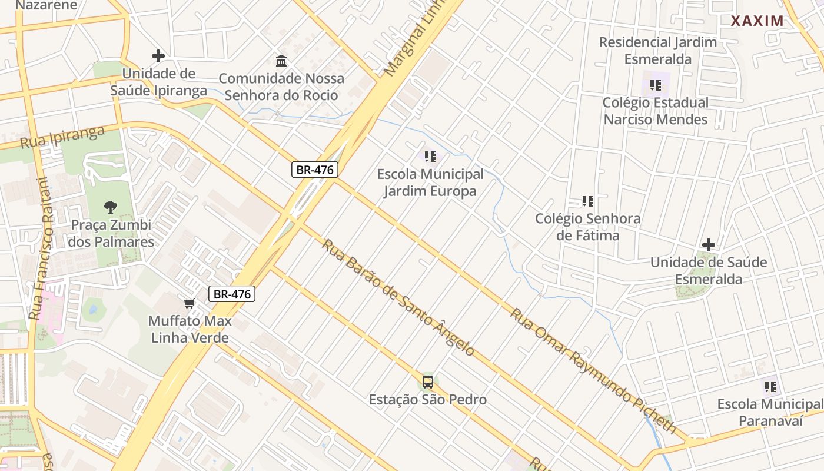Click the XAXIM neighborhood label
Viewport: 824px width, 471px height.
click(757, 21)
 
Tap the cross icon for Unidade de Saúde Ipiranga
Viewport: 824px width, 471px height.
click(158, 56)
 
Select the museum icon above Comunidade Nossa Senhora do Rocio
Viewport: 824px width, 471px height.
click(281, 61)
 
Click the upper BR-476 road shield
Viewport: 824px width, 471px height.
click(315, 170)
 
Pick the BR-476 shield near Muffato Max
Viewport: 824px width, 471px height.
click(232, 294)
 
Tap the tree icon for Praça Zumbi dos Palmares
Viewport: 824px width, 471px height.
click(110, 207)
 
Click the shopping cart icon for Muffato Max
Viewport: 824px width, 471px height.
click(189, 303)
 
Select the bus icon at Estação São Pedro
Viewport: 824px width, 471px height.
click(428, 382)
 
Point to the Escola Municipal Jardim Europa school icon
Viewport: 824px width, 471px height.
click(430, 157)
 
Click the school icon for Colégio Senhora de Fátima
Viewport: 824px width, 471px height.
click(587, 201)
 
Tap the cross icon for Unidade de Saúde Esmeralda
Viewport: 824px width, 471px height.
click(709, 244)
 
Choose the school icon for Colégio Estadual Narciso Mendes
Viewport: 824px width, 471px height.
click(655, 85)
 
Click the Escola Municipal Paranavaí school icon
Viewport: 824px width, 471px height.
click(770, 387)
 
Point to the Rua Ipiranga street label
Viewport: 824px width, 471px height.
click(62, 137)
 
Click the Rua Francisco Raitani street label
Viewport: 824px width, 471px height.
click(39, 248)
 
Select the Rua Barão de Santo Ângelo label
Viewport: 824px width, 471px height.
click(398, 297)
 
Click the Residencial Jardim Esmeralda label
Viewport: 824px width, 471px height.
click(657, 51)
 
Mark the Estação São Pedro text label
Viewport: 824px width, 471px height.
click(428, 400)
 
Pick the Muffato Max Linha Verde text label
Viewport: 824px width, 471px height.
click(190, 330)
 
